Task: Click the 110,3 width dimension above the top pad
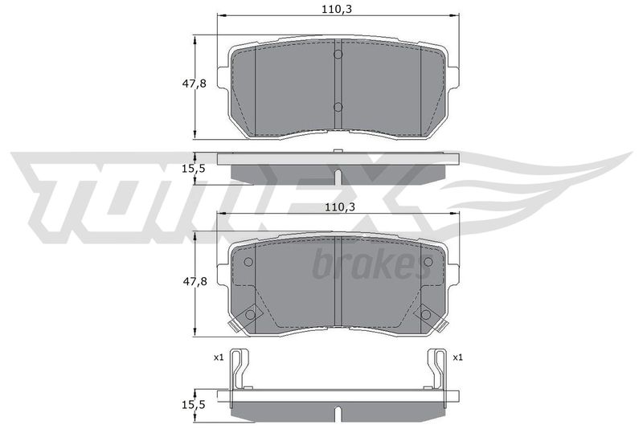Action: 337,9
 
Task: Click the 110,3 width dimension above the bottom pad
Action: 339,207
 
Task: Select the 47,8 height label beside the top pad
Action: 195,84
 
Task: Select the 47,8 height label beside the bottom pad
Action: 195,282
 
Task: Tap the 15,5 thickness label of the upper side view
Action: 193,169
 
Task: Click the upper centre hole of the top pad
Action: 338,54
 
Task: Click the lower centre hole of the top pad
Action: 338,107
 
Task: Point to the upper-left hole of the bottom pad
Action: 248,261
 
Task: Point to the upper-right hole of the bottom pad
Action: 428,261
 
